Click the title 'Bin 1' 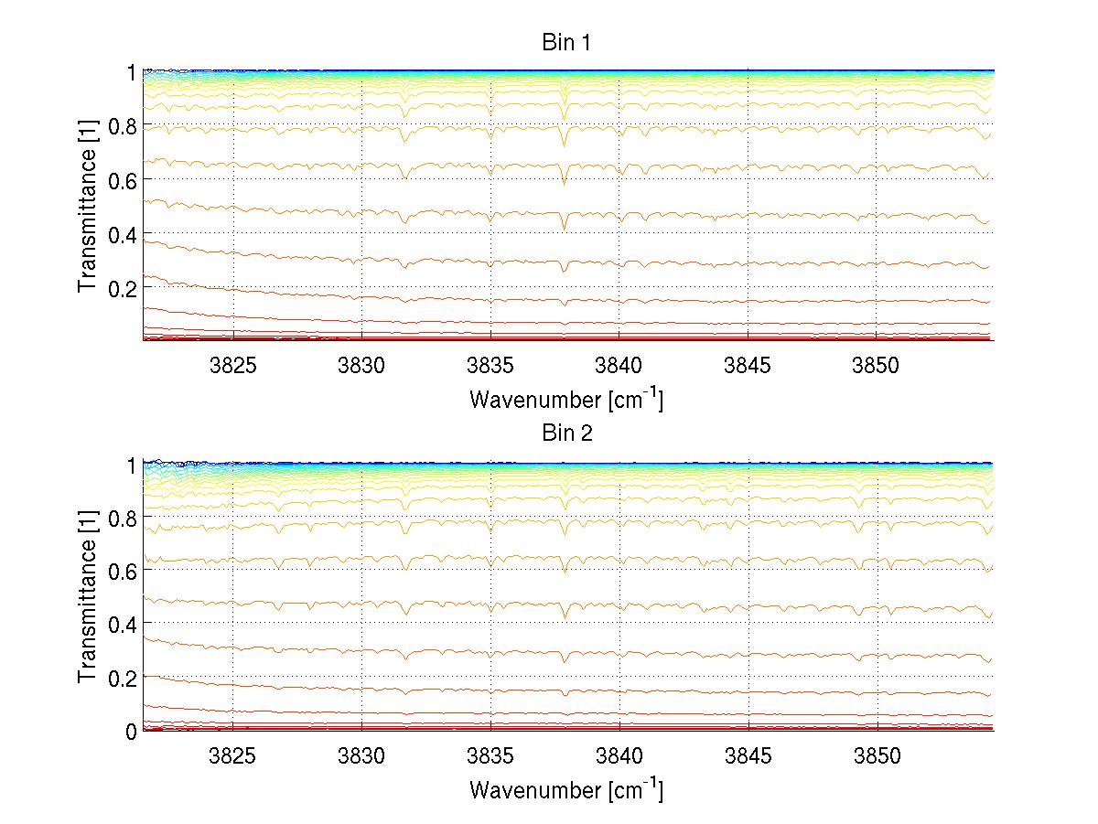(566, 43)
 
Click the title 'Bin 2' (566, 433)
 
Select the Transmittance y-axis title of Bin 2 (88, 598)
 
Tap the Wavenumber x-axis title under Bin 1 (566, 399)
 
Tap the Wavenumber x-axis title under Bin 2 (566, 789)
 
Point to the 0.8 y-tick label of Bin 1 (123, 127)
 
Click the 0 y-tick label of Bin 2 (131, 732)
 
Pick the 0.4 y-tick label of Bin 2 (123, 625)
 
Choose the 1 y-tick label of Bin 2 (131, 465)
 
